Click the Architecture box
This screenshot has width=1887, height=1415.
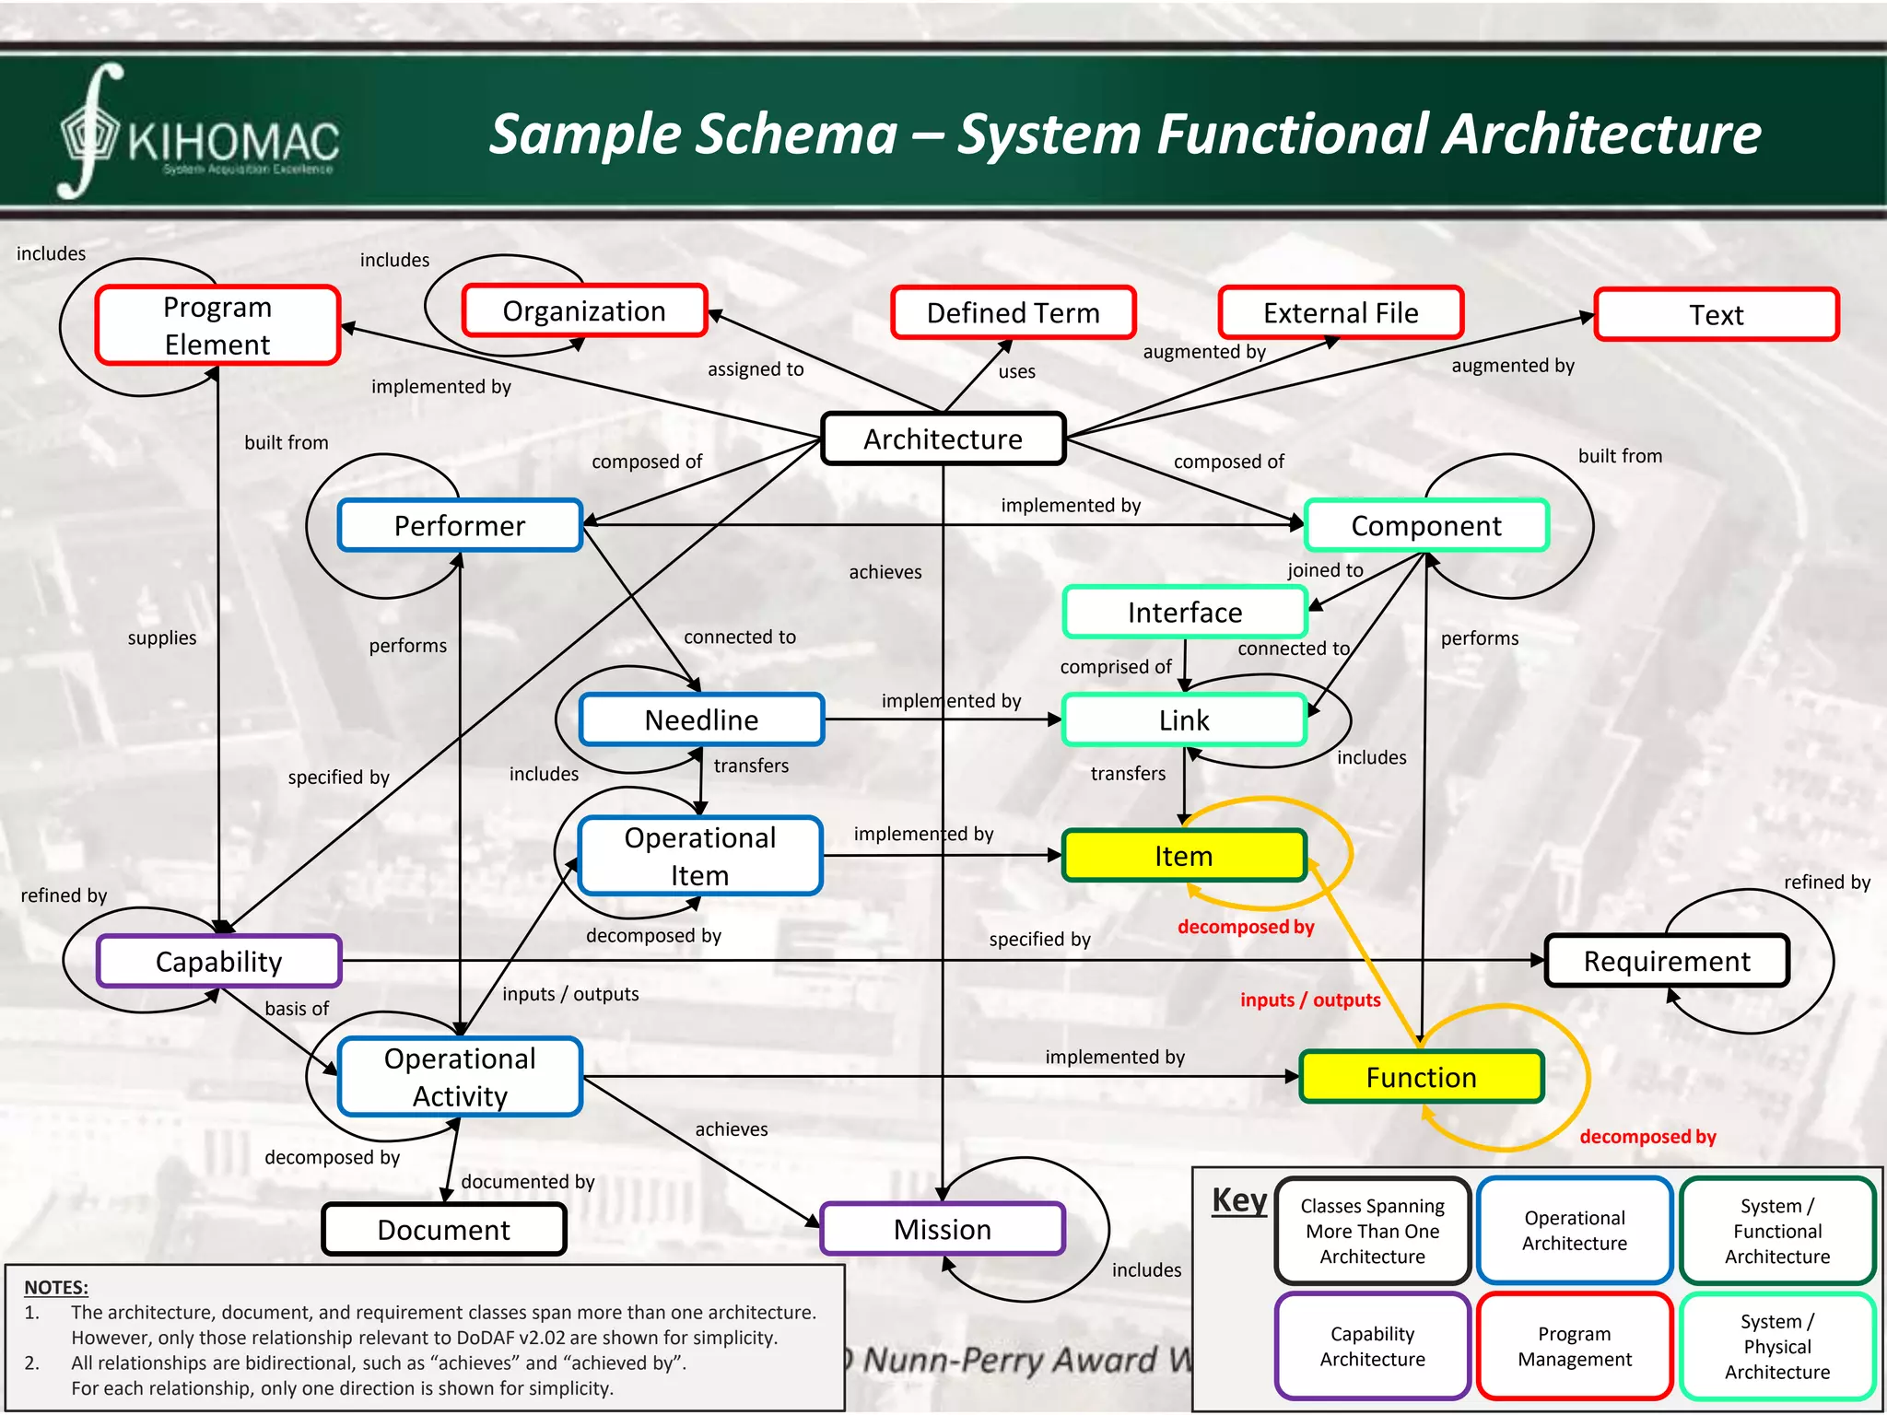(943, 439)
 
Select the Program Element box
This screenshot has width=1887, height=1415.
(217, 325)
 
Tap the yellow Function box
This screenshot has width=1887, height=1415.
(1421, 1077)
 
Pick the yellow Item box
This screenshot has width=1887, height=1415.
(1184, 856)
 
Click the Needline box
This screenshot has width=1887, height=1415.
(701, 719)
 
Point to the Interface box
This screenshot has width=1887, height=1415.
(1185, 613)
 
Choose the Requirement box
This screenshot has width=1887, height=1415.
(1667, 961)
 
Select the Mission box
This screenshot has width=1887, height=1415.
(943, 1229)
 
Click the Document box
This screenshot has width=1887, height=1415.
(443, 1229)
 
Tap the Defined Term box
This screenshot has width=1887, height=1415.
(1013, 313)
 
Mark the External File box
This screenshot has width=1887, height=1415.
(1341, 313)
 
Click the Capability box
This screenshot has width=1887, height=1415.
(218, 961)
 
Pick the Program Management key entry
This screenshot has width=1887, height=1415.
(1575, 1346)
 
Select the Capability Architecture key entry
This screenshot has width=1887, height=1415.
(1372, 1346)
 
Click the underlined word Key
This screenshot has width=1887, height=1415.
(1239, 1200)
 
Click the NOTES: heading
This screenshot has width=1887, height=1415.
(56, 1287)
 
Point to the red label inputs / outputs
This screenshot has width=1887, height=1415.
(1310, 1000)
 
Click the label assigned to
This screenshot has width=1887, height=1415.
(756, 369)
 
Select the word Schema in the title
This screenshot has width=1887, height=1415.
(791, 134)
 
